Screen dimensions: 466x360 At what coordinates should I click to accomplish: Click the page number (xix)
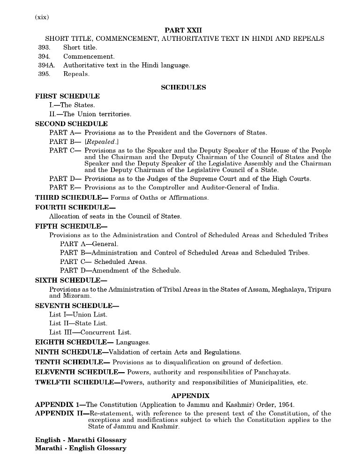42,17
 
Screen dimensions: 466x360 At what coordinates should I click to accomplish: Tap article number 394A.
46,65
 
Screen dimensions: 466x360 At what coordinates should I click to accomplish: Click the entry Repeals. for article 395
76,74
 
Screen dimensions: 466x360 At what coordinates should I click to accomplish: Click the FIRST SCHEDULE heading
67,96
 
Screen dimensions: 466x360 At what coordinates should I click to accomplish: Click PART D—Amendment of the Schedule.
120,271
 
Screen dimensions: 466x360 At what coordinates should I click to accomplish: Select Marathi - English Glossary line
81,448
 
